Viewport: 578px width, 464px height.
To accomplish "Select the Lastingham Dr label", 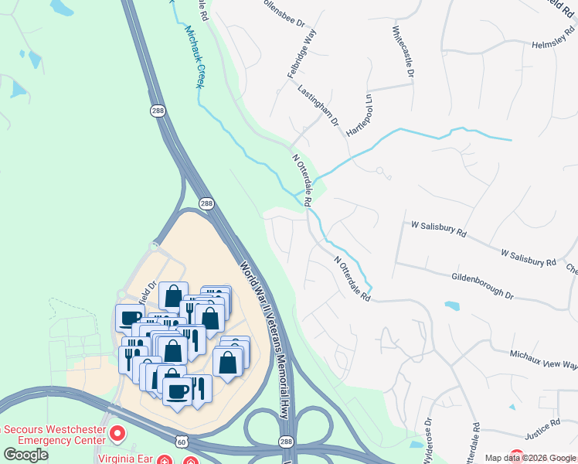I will (318, 106).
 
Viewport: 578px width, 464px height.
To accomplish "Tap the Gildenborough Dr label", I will (483, 285).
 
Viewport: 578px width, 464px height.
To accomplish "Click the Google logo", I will (25, 454).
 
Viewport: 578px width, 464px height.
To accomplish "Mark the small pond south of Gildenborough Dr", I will (452, 305).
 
